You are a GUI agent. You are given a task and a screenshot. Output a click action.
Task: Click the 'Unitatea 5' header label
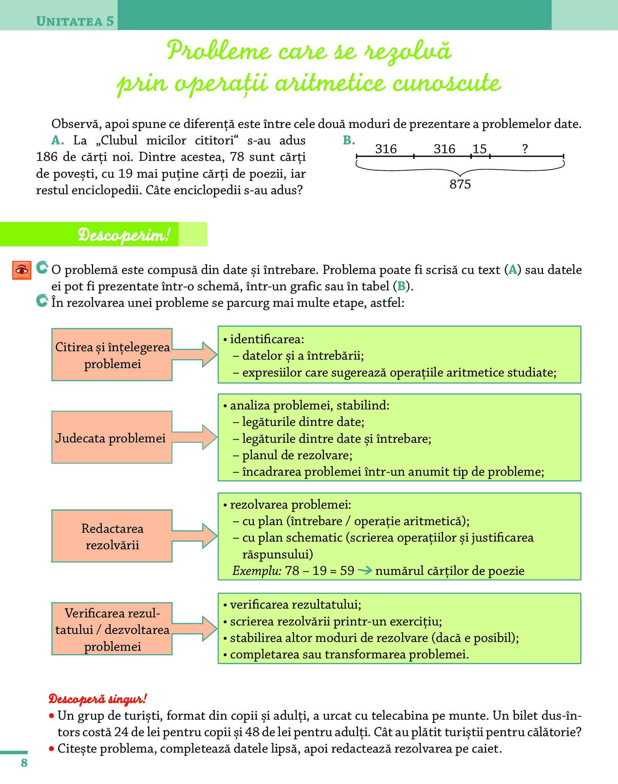(x=75, y=21)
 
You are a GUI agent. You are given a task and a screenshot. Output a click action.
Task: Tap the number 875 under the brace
(x=460, y=185)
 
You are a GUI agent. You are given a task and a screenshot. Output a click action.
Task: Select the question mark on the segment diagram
(x=525, y=149)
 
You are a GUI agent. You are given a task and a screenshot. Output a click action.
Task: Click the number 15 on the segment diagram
(x=479, y=149)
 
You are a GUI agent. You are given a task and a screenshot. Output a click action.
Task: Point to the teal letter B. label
(x=349, y=141)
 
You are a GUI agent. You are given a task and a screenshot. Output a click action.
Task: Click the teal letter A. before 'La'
(x=57, y=141)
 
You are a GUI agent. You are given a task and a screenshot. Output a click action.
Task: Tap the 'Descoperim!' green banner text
(x=123, y=234)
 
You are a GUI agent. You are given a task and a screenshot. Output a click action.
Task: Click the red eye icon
(x=22, y=270)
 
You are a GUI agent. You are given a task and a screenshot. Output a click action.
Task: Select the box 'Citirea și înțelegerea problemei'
(x=112, y=355)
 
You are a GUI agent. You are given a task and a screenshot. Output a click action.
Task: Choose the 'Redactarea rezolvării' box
(x=112, y=536)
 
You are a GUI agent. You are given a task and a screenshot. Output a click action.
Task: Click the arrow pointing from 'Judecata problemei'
(x=195, y=437)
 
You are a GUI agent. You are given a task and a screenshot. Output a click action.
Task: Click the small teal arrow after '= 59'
(x=365, y=571)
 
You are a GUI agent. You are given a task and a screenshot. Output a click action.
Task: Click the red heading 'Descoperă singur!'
(x=97, y=699)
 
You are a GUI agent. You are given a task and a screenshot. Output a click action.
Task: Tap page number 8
(x=24, y=763)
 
